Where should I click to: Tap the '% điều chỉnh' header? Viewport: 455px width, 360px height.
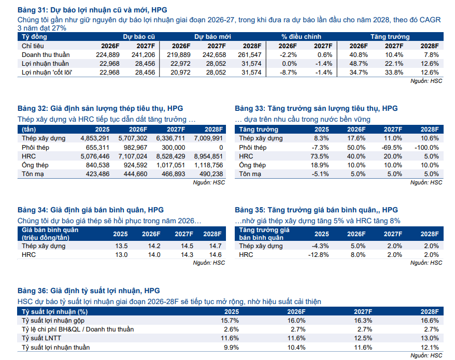301,37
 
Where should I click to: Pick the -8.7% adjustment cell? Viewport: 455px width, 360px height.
288,72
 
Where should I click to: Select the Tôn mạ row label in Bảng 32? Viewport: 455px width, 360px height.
32,174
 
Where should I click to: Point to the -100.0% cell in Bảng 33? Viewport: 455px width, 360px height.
426,147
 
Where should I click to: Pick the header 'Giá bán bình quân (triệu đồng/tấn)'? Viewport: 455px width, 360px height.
51,234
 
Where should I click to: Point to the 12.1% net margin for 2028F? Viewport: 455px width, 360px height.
430,347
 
